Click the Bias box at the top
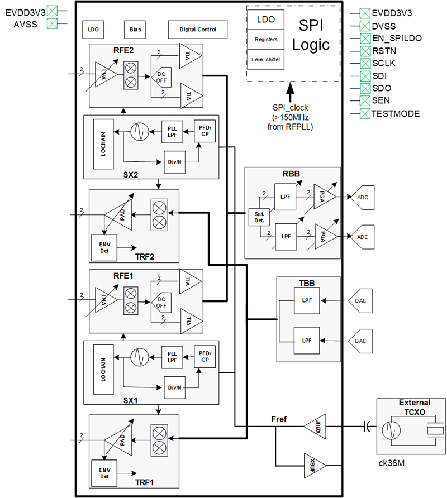pos(135,29)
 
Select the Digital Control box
pos(199,29)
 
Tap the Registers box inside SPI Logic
pos(265,40)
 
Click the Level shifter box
pos(265,60)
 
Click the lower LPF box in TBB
pos(306,340)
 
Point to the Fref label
pos(279,419)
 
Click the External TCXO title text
pos(414,406)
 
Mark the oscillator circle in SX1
pos(139,356)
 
